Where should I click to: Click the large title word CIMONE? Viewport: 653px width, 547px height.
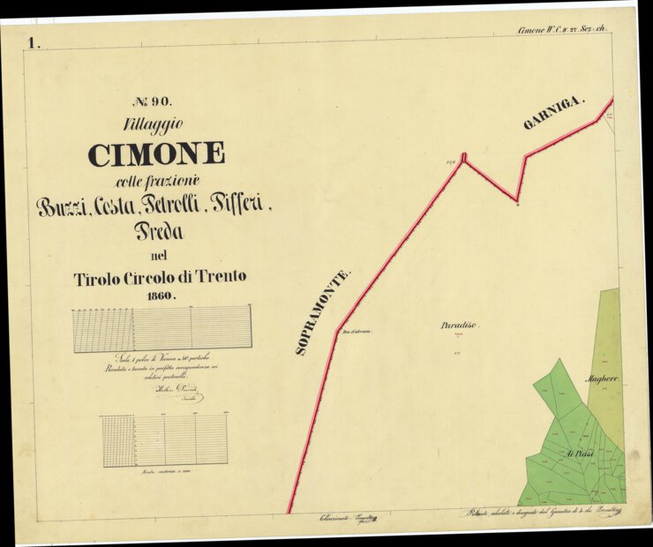point(156,154)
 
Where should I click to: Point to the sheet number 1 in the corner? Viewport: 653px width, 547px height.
point(34,42)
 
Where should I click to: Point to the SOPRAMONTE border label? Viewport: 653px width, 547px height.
point(323,311)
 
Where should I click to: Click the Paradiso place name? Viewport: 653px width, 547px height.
point(459,326)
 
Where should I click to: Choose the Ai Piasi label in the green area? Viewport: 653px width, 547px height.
point(581,453)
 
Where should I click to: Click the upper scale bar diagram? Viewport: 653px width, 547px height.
point(162,329)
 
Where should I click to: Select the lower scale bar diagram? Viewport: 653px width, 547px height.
point(164,440)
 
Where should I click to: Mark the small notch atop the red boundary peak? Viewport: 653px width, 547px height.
point(463,158)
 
